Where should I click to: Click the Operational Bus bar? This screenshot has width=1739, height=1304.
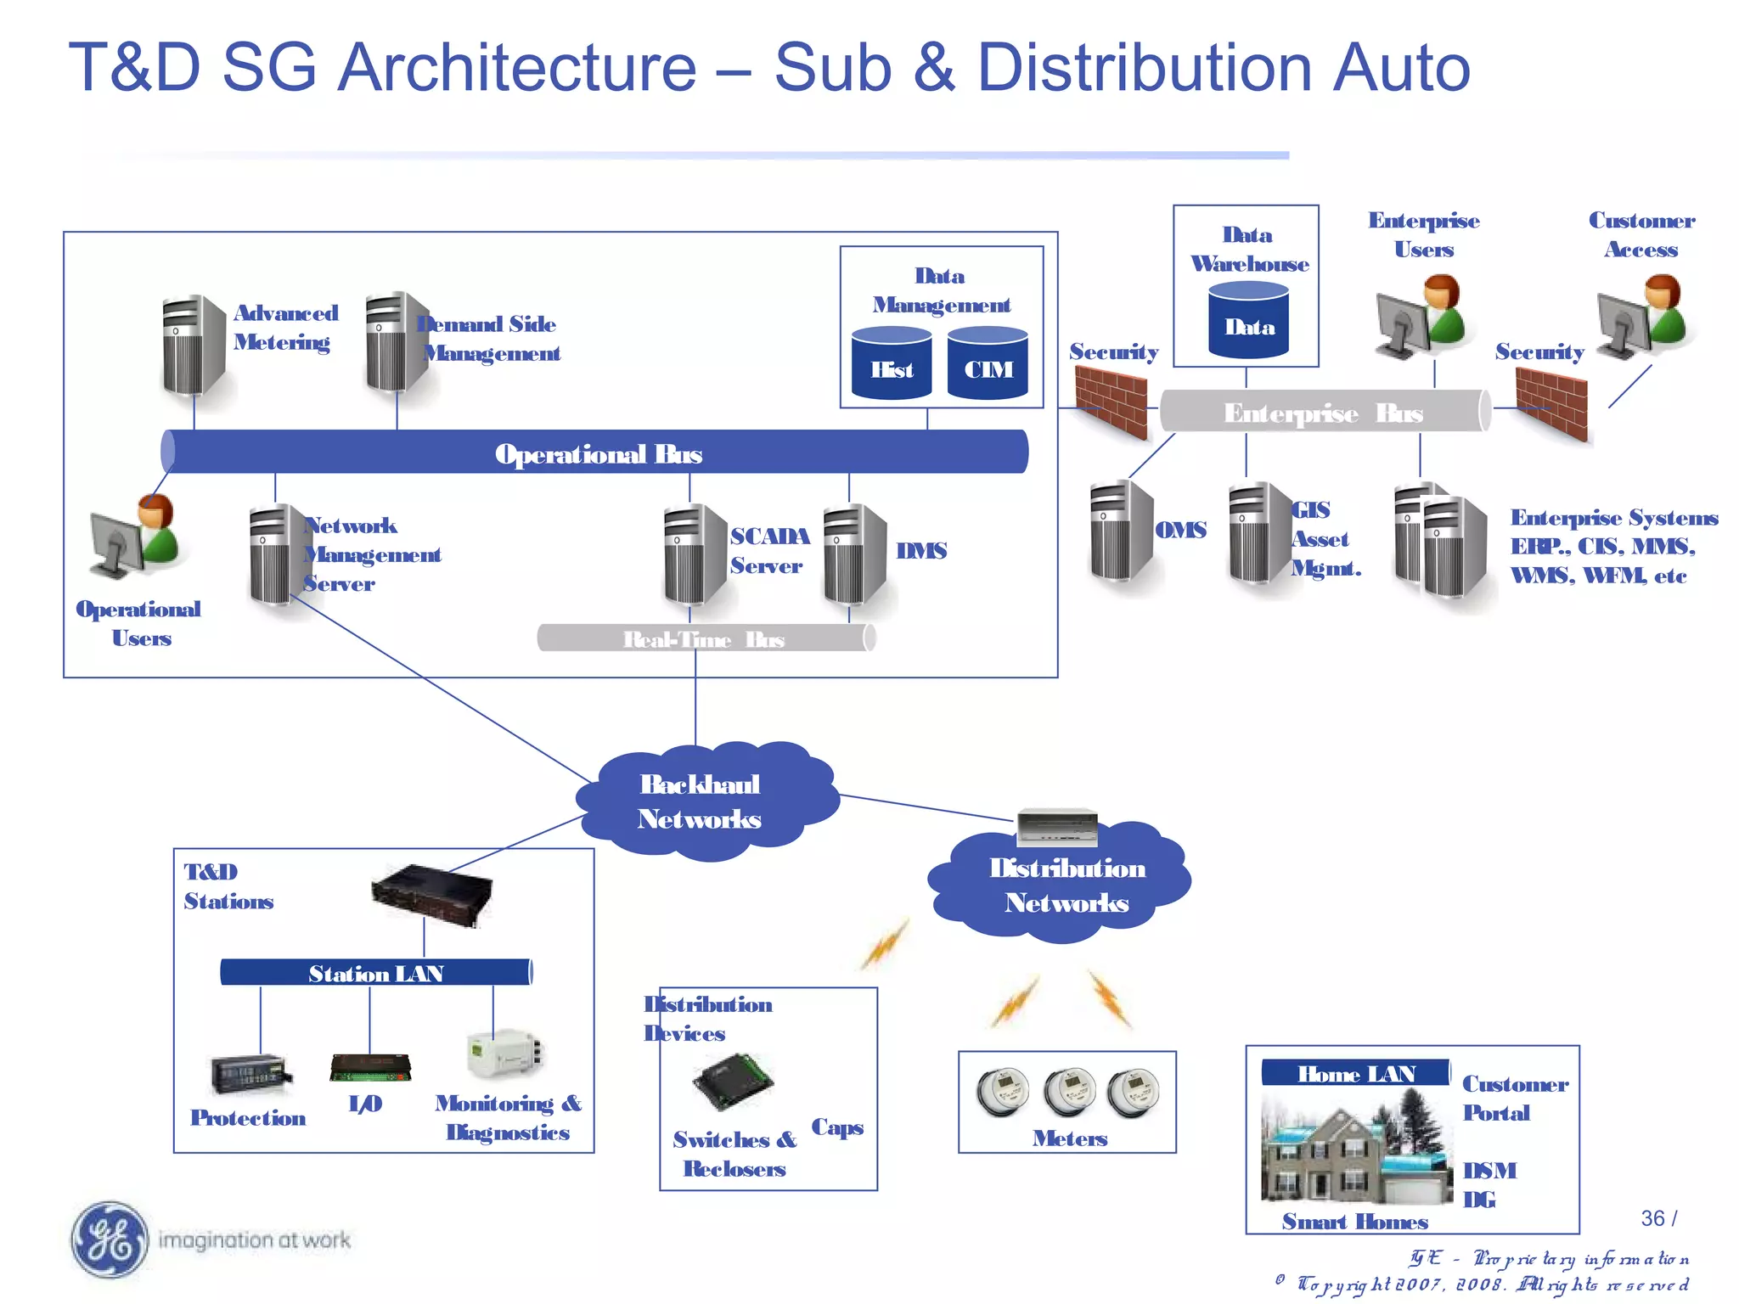pos(594,452)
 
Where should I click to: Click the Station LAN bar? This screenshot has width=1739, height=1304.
pos(375,972)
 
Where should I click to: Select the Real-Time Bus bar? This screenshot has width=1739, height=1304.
pos(705,638)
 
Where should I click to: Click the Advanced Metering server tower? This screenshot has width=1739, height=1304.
pos(194,346)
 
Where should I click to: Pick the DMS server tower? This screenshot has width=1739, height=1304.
pos(854,554)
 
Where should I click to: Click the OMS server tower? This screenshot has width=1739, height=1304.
pos(1122,531)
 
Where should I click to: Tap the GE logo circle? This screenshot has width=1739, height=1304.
pos(110,1240)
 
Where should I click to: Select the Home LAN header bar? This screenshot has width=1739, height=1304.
pos(1355,1073)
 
